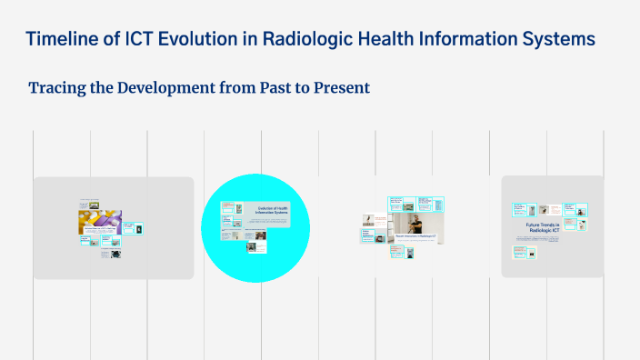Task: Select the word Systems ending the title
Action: (557, 39)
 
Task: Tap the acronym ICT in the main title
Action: (137, 39)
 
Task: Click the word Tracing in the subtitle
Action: (56, 88)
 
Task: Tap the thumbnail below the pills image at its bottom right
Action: (117, 255)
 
